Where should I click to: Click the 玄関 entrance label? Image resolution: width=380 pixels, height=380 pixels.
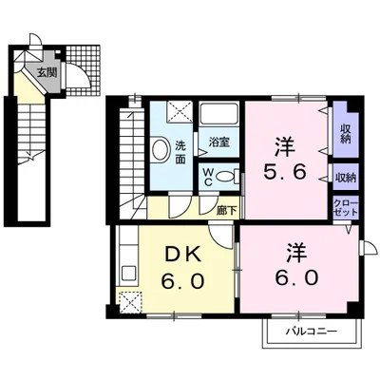coord(47,73)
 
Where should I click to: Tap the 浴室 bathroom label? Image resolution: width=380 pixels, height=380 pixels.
coord(218,142)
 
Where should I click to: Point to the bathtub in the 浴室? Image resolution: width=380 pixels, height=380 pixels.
coord(218,114)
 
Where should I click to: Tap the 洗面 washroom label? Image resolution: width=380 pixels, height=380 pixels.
coord(180,152)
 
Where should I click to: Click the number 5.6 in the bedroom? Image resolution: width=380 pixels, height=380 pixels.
coord(285,172)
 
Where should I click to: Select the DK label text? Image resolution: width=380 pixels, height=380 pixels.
coord(181,255)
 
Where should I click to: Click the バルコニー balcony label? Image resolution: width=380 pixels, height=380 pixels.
coord(312,332)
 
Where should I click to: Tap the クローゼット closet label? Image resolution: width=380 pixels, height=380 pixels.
coord(346,208)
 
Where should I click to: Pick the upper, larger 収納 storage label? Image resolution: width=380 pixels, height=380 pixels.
coord(346,134)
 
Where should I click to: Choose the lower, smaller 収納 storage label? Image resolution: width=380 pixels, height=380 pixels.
coord(346,178)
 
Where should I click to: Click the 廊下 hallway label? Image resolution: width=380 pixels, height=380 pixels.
coord(227,210)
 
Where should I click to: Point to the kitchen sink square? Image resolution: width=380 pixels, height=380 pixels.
coord(128,274)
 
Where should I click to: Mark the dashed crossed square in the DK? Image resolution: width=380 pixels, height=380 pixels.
coord(131,302)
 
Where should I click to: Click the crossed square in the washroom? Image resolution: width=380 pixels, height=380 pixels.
coord(180,111)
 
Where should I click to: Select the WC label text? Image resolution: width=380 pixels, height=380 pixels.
coord(208,177)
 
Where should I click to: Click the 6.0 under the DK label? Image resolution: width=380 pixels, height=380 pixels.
coord(181,281)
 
